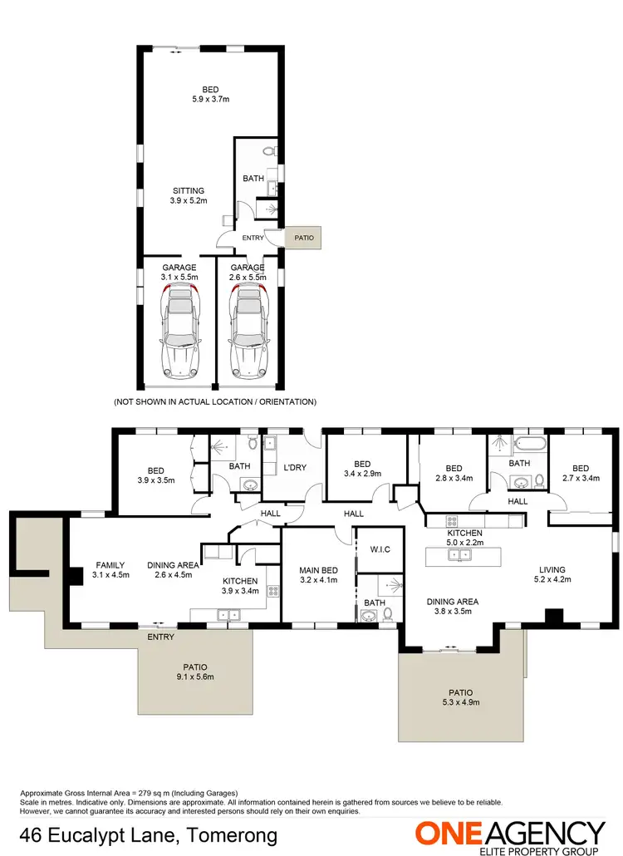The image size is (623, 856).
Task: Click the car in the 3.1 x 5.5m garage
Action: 179,332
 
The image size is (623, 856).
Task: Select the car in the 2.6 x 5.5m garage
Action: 247,332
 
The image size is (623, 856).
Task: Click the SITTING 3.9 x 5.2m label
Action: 188,195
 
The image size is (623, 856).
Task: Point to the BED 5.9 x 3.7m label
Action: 211,95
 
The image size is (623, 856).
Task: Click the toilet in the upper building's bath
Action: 267,152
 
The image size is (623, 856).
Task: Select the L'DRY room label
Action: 295,467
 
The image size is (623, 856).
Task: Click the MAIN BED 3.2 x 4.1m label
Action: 318,575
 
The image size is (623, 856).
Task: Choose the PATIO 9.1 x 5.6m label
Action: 197,672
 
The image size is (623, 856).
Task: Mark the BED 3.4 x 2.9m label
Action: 361,470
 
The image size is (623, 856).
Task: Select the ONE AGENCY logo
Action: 510,834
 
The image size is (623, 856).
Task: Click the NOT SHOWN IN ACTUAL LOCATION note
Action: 214,401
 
